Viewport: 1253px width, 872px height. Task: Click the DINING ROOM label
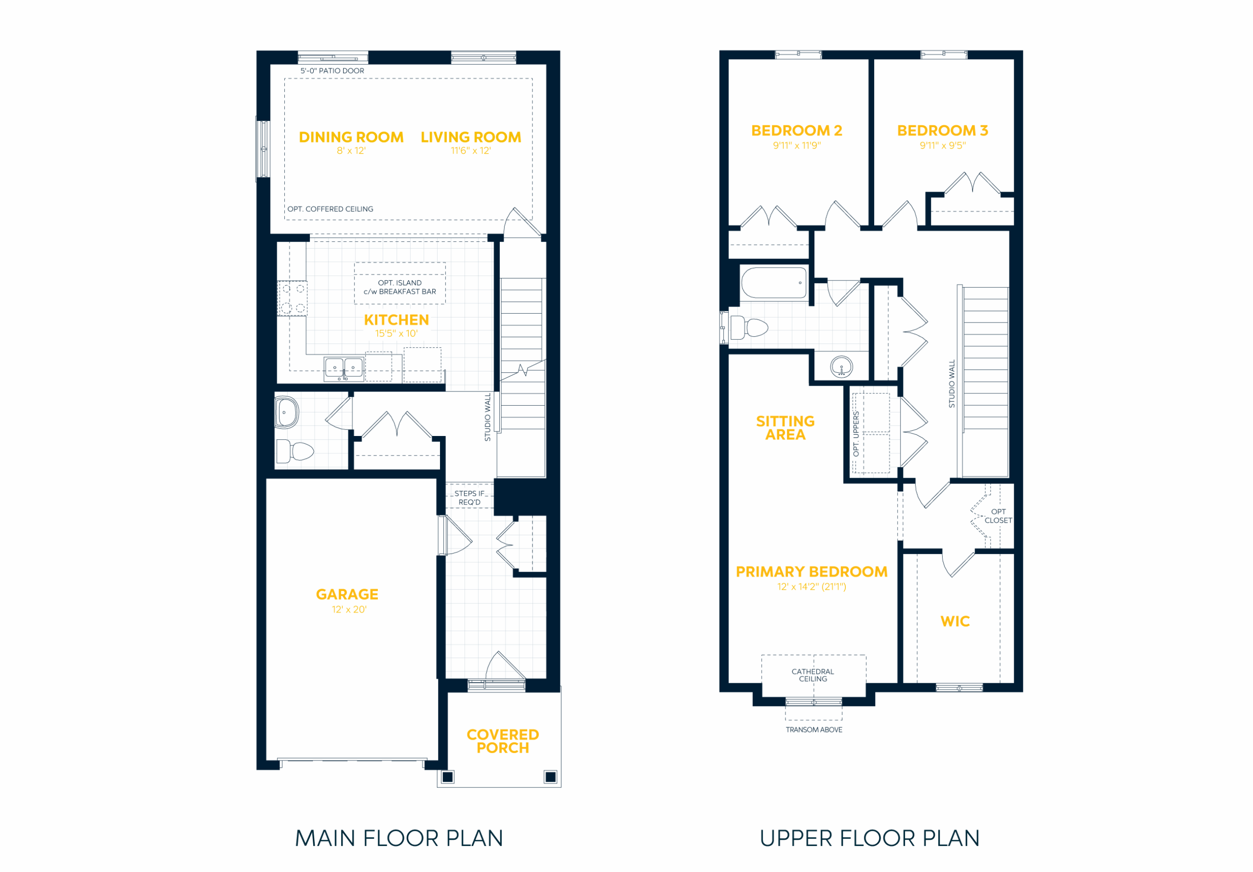point(351,137)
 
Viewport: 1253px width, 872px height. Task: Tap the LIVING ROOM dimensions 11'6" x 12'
point(470,151)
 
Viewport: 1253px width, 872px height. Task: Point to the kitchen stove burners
point(293,298)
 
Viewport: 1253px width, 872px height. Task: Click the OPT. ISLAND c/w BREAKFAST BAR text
point(399,287)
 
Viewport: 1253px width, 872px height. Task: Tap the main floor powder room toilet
point(295,451)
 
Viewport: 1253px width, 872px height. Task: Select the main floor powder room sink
point(286,412)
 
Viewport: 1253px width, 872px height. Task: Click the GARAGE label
point(347,594)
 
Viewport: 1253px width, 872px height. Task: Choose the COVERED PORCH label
point(503,741)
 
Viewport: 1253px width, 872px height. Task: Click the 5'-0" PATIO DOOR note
point(332,71)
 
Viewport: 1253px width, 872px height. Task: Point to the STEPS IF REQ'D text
point(469,498)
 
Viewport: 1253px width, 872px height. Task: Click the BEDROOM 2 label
point(797,131)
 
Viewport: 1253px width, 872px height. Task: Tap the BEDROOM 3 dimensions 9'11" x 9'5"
point(943,146)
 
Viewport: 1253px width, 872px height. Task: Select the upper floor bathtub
point(774,283)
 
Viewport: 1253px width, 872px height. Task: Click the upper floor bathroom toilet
point(749,327)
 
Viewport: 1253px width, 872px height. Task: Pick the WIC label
point(955,621)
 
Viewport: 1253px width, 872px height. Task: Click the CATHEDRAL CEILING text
point(812,675)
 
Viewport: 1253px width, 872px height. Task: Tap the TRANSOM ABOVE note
point(813,730)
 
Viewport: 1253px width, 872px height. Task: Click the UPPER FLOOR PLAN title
point(869,838)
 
